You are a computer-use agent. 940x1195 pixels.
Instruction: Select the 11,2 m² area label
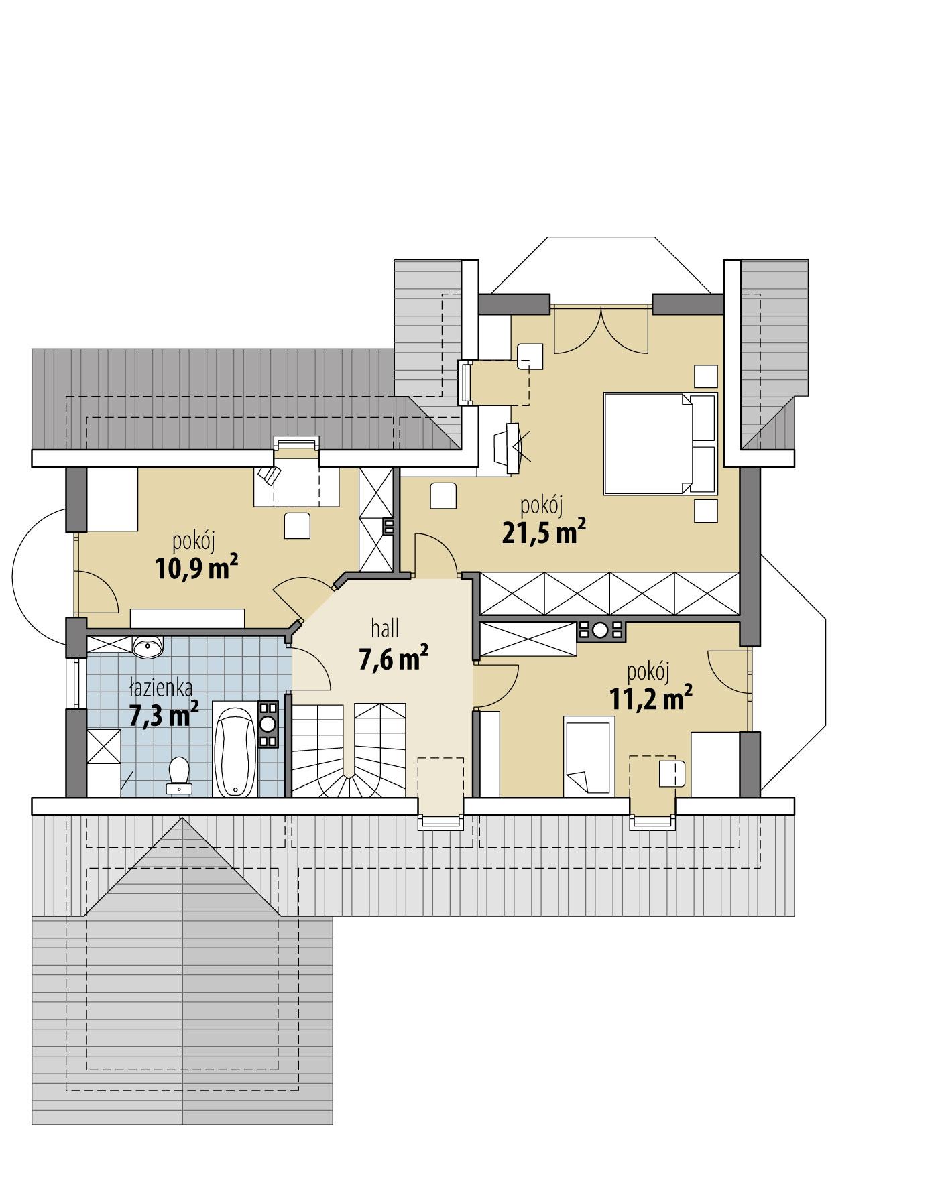(650, 699)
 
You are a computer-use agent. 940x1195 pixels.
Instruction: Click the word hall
(385, 629)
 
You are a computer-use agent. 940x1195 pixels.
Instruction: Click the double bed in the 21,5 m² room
(659, 444)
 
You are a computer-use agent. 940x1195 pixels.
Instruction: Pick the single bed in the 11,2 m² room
(589, 755)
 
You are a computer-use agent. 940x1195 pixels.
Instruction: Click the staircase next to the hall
(348, 751)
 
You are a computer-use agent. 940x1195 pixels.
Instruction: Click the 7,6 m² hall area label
(394, 659)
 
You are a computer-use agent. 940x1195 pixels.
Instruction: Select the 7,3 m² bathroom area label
(164, 715)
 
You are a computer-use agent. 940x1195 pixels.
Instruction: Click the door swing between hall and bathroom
(311, 668)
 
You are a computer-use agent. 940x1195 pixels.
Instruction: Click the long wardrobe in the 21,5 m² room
(609, 592)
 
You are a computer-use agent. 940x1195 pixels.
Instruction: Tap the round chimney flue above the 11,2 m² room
(600, 630)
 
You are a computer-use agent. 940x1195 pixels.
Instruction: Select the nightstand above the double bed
(705, 375)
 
